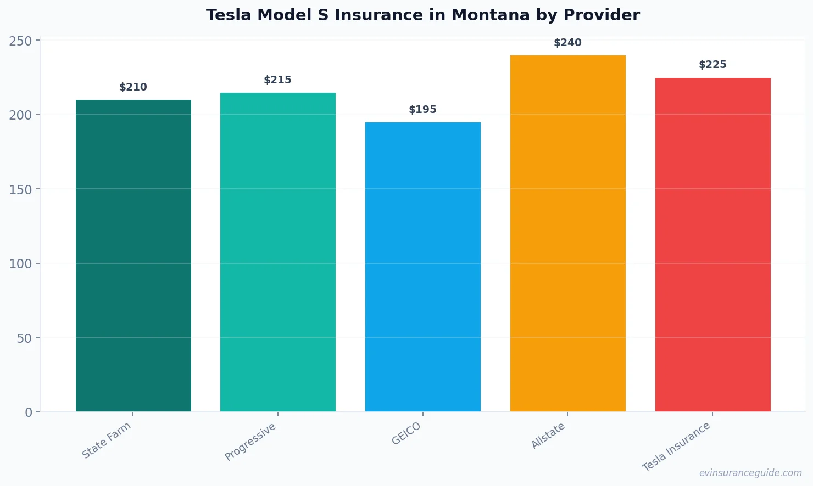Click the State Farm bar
coord(133,256)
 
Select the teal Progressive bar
coord(278,252)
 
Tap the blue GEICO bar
coord(423,267)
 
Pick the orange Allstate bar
coord(567,234)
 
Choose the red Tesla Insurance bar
coord(712,245)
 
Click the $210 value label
coord(133,87)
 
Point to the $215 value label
coord(278,80)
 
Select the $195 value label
coord(423,110)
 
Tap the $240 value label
coord(567,43)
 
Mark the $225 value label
coord(712,65)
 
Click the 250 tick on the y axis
coord(20,41)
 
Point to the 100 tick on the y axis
coord(20,264)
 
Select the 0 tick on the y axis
coord(29,412)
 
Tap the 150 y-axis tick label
coord(20,189)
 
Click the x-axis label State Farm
coord(107,440)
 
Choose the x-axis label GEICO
coord(406,434)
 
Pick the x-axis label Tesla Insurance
coord(676,447)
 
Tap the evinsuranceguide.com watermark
coord(750,473)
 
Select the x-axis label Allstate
coord(548,437)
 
